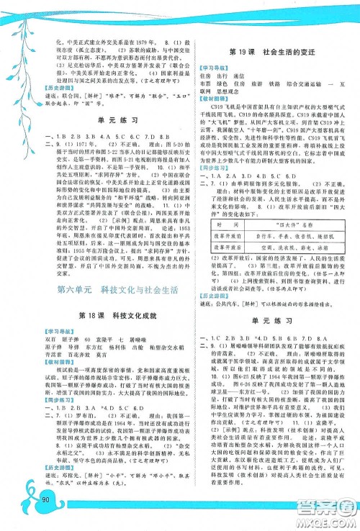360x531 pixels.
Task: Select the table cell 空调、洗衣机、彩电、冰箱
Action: pyautogui.click(x=279, y=245)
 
